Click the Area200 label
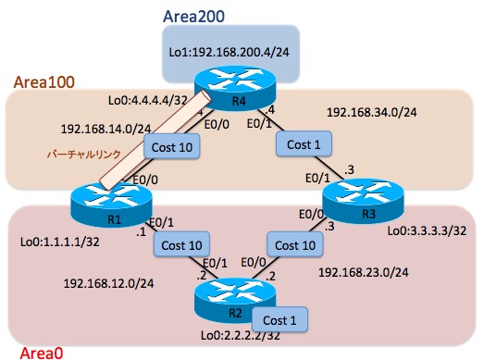point(193,16)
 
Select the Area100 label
point(44,82)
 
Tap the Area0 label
point(34,352)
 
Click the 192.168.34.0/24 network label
point(370,113)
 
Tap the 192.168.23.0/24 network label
point(362,274)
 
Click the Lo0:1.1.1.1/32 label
point(60,243)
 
